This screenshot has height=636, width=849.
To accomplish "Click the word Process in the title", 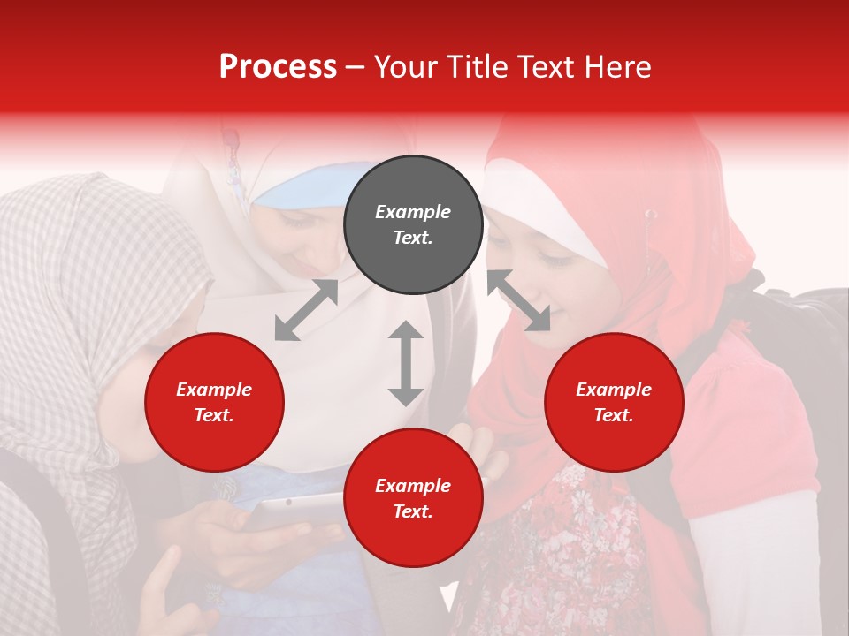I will (278, 67).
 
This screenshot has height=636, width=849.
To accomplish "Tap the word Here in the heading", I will (616, 67).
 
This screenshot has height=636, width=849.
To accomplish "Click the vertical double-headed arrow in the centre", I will (406, 363).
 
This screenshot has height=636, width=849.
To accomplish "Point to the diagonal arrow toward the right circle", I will (518, 300).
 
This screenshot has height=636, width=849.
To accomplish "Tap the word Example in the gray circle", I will (413, 212).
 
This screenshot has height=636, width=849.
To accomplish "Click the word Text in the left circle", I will (214, 415).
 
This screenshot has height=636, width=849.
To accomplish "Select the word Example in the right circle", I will (614, 390).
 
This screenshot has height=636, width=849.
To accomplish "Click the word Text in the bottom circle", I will (412, 511).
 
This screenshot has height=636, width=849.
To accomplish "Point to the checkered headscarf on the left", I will (80, 265).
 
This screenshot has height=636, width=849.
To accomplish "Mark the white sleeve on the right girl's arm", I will (761, 548).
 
